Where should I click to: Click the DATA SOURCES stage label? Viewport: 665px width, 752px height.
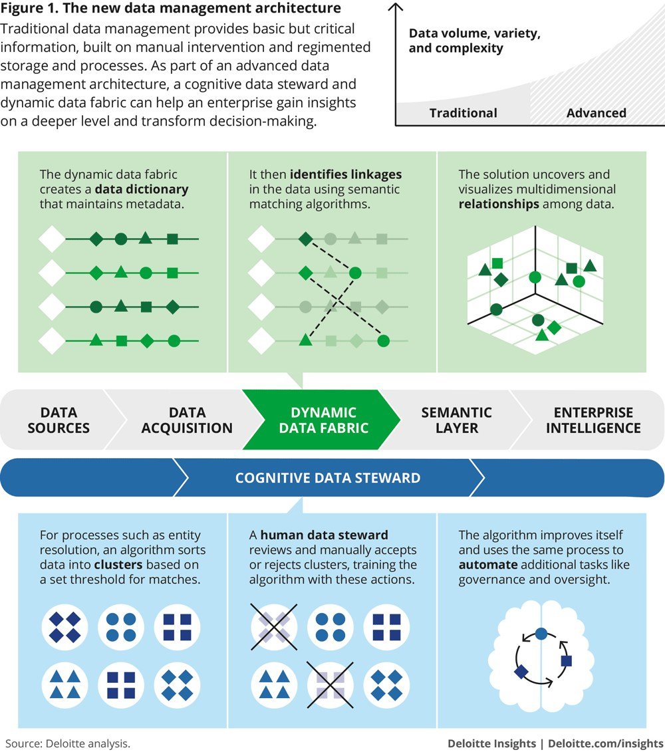point(59,420)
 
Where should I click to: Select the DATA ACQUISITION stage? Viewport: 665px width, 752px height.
point(187,420)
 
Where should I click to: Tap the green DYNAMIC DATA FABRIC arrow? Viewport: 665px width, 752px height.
point(323,420)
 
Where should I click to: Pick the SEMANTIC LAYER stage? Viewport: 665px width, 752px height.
point(456,420)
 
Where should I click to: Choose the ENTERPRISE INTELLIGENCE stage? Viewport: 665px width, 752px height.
point(593,420)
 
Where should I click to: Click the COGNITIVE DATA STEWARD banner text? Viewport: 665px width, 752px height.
point(328,477)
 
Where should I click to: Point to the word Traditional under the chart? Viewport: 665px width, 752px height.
point(463,113)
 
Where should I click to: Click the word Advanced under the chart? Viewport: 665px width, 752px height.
point(596,113)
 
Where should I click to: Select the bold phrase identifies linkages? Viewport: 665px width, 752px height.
point(345,175)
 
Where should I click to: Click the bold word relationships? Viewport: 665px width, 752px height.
point(499,204)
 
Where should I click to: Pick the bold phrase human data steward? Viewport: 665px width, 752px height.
point(324,535)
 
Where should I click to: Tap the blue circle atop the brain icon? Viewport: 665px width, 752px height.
point(541,634)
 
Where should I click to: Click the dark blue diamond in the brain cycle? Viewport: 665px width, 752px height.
point(521,672)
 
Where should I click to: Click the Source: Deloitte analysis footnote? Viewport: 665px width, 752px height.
point(68,743)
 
